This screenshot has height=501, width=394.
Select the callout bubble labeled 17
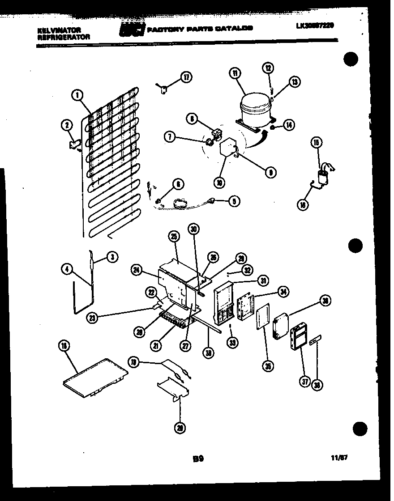[x=186, y=77]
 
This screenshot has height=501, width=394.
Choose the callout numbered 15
[x=317, y=143]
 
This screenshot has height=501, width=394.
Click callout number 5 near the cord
[x=233, y=201]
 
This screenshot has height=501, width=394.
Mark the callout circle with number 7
[x=169, y=137]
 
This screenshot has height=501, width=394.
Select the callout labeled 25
[x=174, y=237]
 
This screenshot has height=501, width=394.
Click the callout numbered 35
[x=268, y=366]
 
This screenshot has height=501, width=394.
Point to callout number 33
[x=232, y=343]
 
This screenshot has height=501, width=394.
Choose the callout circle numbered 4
[x=67, y=269]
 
